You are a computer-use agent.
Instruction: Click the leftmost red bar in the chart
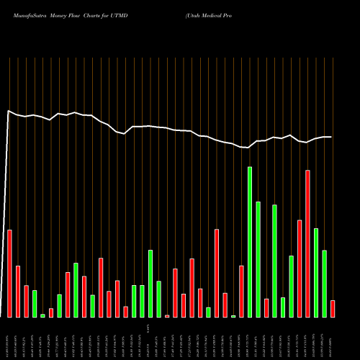pos(9,274)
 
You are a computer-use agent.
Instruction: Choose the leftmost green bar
pos(35,304)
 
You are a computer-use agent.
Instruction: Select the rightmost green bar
pos(324,284)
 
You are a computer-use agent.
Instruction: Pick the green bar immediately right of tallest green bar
pos(258,259)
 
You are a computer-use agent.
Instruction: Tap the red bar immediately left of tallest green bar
pos(241,292)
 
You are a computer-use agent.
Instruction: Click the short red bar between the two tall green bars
pos(266,308)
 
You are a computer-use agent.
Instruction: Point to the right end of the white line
pos(331,137)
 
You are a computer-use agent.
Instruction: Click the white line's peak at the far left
pos(9,111)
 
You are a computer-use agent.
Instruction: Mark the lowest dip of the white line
pos(246,148)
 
